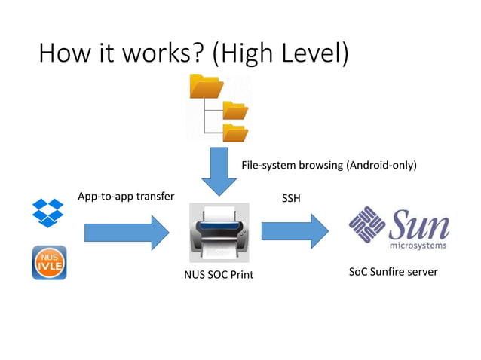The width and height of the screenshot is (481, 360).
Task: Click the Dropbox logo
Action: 48,213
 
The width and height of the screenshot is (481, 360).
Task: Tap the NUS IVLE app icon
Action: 49,263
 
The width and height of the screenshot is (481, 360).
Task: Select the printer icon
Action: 219,232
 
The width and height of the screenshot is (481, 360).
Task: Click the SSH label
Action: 291,197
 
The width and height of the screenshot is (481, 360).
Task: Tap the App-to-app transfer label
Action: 126,197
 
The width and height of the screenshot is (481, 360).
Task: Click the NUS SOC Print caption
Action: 219,275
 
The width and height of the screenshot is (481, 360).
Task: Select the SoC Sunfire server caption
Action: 393,271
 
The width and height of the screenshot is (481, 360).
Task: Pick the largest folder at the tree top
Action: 206,87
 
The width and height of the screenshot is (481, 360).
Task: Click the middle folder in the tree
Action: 235,111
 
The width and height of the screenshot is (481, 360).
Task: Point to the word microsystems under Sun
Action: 418,245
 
